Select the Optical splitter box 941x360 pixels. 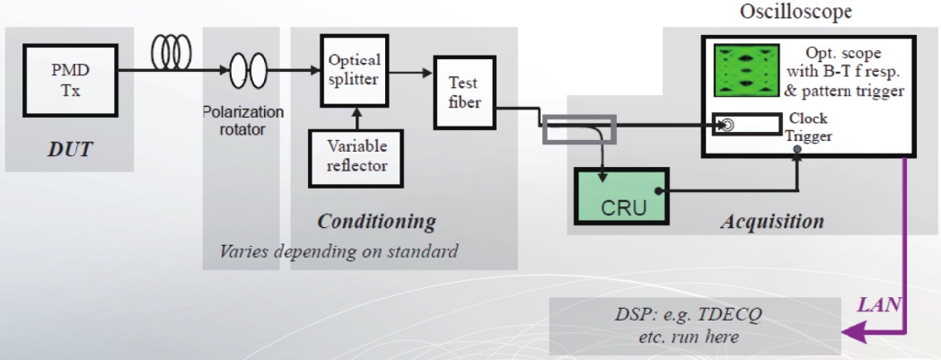[353, 70]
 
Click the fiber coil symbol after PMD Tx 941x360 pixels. [171, 55]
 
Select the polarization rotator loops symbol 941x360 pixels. [249, 69]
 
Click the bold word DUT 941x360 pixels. [69, 149]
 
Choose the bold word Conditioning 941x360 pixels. [376, 221]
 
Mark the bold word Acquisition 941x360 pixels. [772, 221]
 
